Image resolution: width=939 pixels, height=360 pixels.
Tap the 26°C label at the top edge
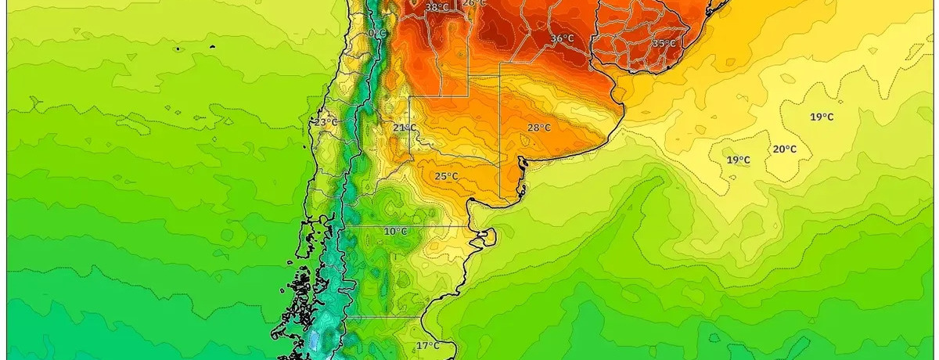point(474,3)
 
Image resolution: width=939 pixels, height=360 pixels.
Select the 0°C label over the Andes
point(377,34)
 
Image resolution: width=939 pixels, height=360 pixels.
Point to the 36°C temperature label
point(563,38)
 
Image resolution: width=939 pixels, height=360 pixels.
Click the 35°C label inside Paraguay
point(664,43)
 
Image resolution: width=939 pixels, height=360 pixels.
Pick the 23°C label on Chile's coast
point(326,122)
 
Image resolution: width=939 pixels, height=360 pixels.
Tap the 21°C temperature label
point(405,128)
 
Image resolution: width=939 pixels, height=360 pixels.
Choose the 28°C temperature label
point(538,128)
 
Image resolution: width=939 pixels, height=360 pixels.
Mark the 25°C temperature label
point(446,176)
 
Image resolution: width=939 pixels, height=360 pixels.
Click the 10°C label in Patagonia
point(395,231)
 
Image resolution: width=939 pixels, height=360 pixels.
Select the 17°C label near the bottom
point(427,345)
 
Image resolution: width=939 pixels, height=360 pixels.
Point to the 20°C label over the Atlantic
point(785,149)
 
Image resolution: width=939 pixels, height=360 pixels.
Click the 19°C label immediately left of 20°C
point(738,160)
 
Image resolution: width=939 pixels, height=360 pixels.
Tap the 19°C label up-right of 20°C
point(821,117)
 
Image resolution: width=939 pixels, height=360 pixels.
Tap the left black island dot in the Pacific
point(178,49)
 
